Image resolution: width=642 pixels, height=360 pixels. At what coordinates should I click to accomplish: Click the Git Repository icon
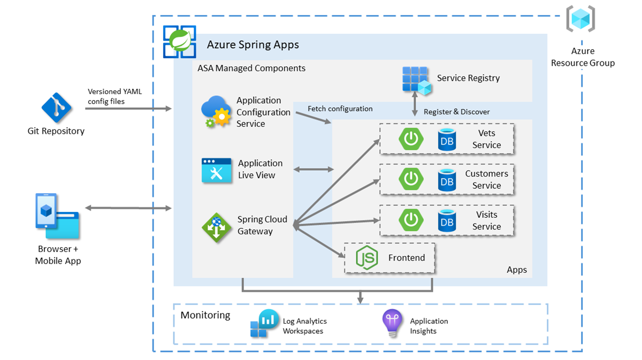pos(56,108)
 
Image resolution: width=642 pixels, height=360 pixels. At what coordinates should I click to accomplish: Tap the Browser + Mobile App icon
pos(57,216)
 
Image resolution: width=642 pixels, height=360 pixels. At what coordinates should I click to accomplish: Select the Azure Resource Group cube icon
pos(581,20)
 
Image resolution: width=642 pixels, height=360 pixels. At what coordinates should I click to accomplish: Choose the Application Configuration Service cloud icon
pos(216,112)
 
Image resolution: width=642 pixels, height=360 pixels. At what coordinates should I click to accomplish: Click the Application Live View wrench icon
pos(217,171)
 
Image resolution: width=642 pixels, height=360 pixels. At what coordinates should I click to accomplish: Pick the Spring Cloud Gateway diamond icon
pos(217,227)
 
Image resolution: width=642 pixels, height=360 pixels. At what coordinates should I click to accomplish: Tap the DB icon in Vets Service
pos(447,140)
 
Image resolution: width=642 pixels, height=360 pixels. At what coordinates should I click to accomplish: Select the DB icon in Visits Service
pos(447,220)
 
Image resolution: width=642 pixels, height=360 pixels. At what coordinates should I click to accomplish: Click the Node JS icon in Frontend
pos(368,258)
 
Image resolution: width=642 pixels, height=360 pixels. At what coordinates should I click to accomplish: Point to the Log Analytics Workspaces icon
pos(262,324)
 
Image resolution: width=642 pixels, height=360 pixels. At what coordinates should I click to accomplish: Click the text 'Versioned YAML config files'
pos(115,96)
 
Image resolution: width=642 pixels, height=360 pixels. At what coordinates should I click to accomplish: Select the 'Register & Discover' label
pos(456,112)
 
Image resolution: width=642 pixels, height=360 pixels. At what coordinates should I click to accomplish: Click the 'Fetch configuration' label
pos(340,109)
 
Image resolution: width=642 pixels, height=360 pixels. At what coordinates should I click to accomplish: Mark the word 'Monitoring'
pos(205,315)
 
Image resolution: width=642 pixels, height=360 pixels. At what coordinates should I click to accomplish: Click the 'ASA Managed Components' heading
pos(251,68)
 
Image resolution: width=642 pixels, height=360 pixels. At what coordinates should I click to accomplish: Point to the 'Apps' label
pos(517,270)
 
